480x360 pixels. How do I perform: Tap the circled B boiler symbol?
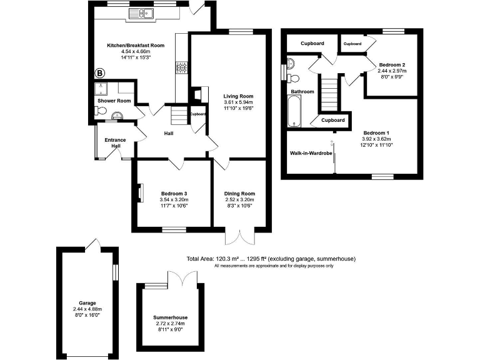(x=99, y=73)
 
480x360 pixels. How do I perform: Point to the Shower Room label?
(x=114, y=101)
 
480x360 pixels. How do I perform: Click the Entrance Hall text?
(x=116, y=143)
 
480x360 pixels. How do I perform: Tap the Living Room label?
(x=239, y=96)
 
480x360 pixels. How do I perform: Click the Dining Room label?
(x=240, y=194)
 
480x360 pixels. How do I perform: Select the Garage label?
(x=87, y=303)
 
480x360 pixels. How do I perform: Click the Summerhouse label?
(x=171, y=317)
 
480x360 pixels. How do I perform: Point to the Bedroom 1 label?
(x=377, y=132)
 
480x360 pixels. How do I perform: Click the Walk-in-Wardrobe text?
(x=310, y=152)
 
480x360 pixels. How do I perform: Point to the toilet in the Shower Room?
(x=99, y=111)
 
